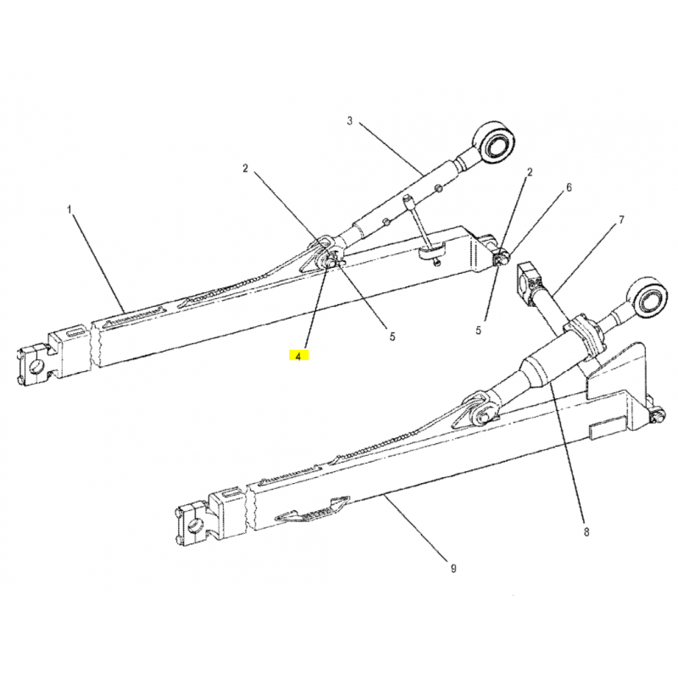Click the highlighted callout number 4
point(298,356)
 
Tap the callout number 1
point(69,209)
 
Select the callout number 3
point(350,120)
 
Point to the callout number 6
point(569,187)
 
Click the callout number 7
point(622,220)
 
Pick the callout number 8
point(586,531)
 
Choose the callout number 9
point(453,568)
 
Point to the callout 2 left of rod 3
point(245,168)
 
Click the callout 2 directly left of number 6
point(529,172)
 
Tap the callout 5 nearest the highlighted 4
point(392,336)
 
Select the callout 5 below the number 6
point(478,331)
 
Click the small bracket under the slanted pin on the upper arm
point(432,253)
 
